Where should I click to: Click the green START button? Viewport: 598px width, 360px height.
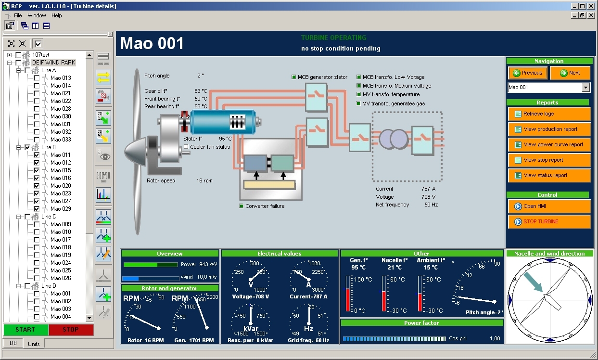(25, 330)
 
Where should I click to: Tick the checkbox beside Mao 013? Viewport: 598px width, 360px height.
(37, 78)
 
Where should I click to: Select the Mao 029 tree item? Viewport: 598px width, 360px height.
(61, 209)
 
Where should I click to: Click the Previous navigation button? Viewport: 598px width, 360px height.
(528, 73)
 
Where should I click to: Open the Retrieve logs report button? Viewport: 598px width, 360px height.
(549, 114)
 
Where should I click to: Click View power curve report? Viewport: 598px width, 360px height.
(549, 145)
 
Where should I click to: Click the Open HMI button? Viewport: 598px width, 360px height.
(549, 206)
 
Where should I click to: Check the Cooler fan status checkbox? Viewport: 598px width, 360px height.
(186, 147)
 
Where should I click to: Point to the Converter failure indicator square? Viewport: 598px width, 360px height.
(242, 206)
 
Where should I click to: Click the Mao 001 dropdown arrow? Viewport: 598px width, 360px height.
(585, 88)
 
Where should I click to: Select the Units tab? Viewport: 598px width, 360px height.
(34, 344)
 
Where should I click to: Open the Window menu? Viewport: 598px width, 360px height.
(37, 15)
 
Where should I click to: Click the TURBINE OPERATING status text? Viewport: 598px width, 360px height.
(333, 38)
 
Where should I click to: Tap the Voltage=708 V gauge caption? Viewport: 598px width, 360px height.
(250, 296)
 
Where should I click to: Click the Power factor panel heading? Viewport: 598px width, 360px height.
(421, 323)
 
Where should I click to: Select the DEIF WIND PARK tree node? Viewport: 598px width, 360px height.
(53, 63)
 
